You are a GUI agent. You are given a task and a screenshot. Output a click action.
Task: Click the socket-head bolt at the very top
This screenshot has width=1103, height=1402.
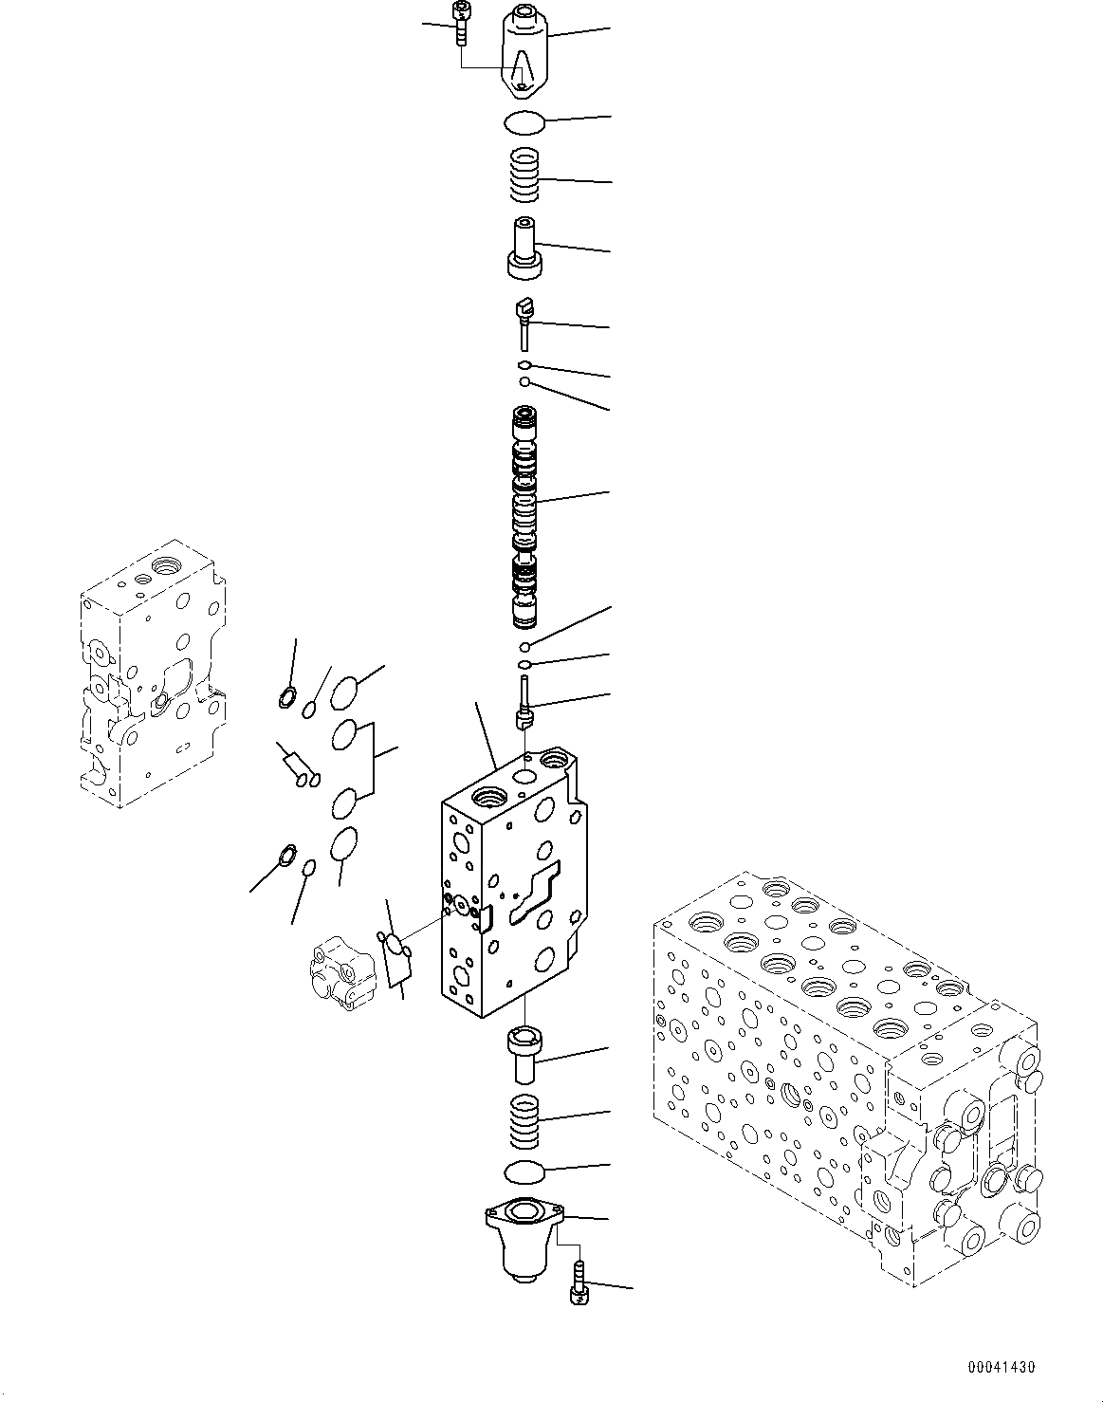coord(461,23)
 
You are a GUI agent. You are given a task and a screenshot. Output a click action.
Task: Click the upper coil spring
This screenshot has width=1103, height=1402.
coord(524,176)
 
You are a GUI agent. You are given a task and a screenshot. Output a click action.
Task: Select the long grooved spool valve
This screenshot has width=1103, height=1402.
coord(524,518)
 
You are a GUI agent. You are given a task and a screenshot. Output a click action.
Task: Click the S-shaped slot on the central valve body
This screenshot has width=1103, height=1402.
coord(536,894)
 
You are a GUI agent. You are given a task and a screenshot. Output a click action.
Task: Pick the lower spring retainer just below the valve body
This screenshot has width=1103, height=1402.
coord(524,1055)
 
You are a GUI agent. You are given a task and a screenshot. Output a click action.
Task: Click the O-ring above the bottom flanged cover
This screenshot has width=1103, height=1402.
coord(524,1172)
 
